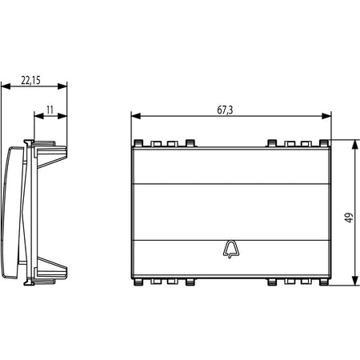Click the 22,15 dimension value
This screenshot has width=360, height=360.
pos(31,80)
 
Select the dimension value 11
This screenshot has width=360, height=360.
pos(50,110)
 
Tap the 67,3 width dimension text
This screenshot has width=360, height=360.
pos(225,110)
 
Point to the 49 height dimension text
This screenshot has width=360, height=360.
pos(349,218)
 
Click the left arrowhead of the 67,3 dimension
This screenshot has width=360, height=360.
pos(136,116)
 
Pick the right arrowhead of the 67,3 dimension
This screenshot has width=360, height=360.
pos(326,116)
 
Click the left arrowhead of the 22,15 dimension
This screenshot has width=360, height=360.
pos(6,86)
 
